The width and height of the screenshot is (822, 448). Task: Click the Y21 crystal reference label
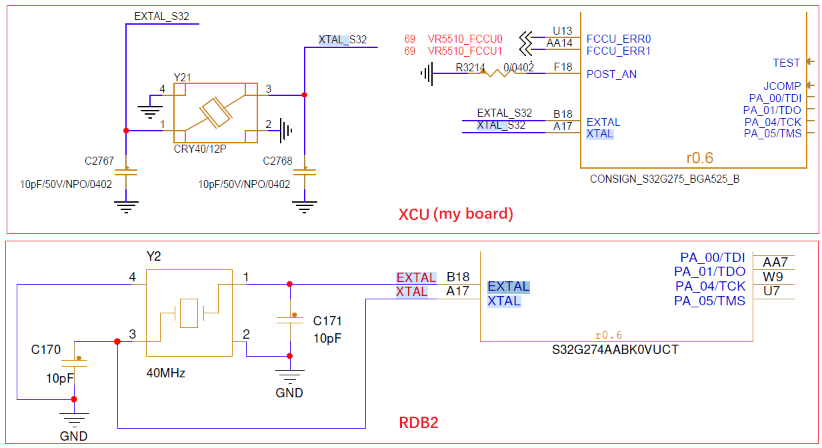[x=182, y=78]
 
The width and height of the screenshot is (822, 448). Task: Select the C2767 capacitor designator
[x=99, y=161]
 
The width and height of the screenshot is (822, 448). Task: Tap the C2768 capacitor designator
[x=277, y=161]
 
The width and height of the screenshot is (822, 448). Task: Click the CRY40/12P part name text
[x=200, y=149]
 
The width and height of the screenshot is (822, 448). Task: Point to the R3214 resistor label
[x=471, y=67]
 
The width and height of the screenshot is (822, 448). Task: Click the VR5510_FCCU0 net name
[x=465, y=39]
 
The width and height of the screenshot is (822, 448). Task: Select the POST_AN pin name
[x=611, y=74]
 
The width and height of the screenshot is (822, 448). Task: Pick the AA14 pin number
[x=559, y=43]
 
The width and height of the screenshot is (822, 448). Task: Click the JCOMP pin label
[x=782, y=86]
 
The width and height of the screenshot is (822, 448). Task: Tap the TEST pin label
[x=786, y=63]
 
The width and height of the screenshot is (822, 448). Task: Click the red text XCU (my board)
[x=456, y=215]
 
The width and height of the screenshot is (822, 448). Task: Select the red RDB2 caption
[x=418, y=423]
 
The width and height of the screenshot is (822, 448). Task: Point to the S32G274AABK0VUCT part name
[x=615, y=349]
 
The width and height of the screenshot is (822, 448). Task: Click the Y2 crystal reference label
[x=153, y=257]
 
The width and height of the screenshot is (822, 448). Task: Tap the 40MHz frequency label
[x=165, y=373]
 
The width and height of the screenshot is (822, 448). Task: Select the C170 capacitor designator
[x=46, y=349]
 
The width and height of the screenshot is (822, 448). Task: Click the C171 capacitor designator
[x=327, y=321]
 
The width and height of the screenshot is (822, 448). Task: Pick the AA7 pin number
[x=775, y=262]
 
